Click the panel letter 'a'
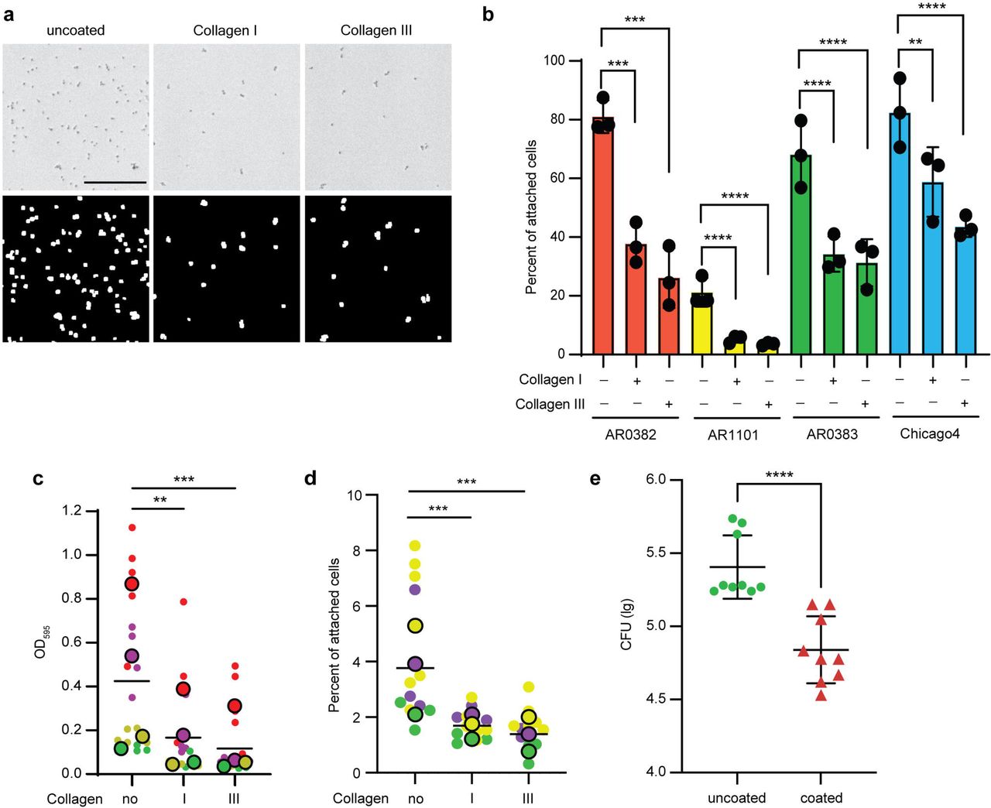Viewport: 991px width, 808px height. [x=9, y=15]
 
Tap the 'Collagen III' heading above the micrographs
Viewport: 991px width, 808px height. [x=376, y=30]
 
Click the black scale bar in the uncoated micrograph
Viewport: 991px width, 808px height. [x=115, y=183]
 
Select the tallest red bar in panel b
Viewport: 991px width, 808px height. [x=603, y=235]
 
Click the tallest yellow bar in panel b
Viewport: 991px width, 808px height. [x=702, y=324]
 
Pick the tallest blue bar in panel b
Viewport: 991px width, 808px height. [x=900, y=234]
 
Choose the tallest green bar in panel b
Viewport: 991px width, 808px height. [x=801, y=254]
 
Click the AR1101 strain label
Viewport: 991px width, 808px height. [x=733, y=436]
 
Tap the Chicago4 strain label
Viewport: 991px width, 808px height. [x=929, y=433]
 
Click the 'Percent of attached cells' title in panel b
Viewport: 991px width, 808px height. [x=531, y=217]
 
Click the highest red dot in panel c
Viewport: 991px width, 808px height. [x=132, y=528]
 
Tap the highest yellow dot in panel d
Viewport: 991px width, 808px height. [x=415, y=546]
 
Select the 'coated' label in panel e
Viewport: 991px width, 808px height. [x=821, y=798]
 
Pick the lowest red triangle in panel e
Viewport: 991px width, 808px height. [x=821, y=696]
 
